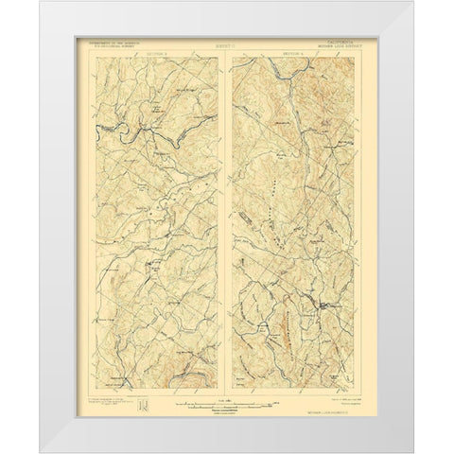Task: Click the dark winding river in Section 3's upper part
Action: click(132, 123)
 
